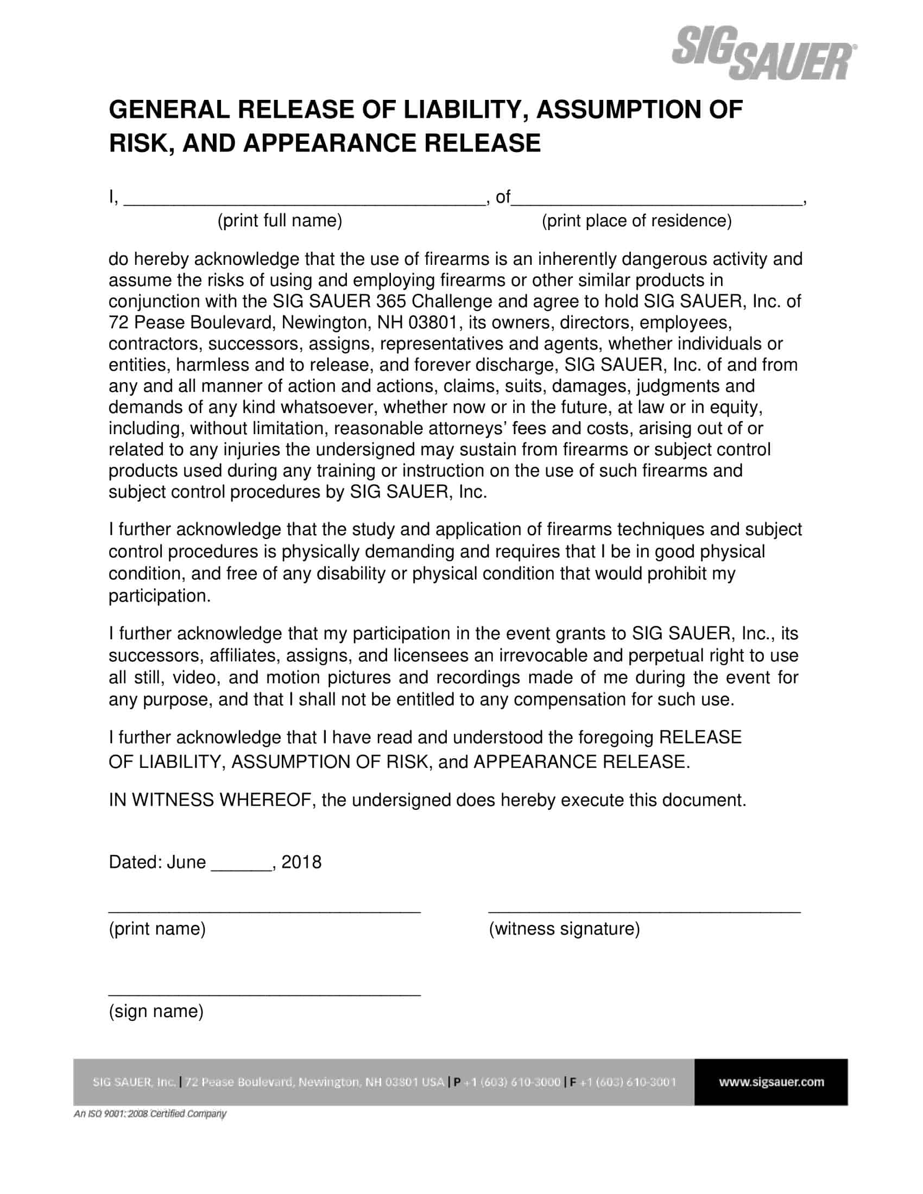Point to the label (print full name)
(280, 221)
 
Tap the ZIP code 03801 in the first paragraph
(432, 322)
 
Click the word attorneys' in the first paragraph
(467, 428)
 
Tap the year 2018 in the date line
(301, 862)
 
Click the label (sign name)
(156, 1011)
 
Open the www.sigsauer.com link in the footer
(771, 1082)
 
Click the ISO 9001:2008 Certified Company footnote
(150, 1114)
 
